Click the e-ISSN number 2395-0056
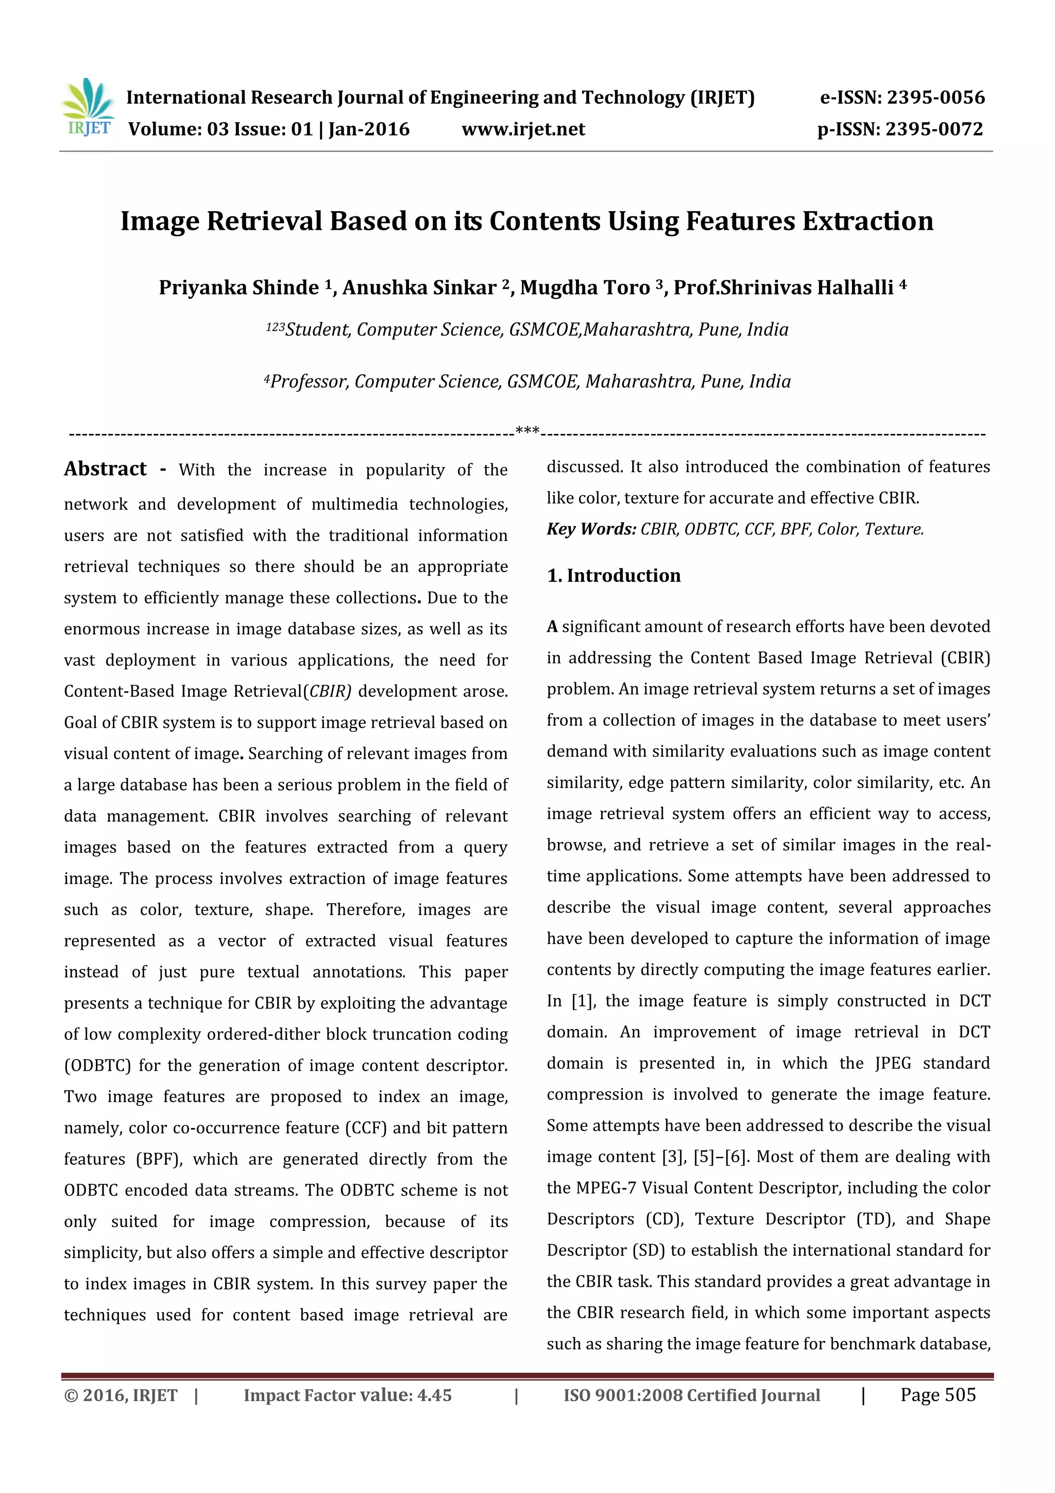click(935, 97)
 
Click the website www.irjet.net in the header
click(523, 129)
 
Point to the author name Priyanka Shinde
click(239, 288)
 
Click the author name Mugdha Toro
click(584, 288)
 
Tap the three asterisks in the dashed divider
click(526, 430)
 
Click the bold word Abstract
click(105, 469)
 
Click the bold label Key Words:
click(591, 529)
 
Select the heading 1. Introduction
click(614, 576)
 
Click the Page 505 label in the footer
click(938, 1395)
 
